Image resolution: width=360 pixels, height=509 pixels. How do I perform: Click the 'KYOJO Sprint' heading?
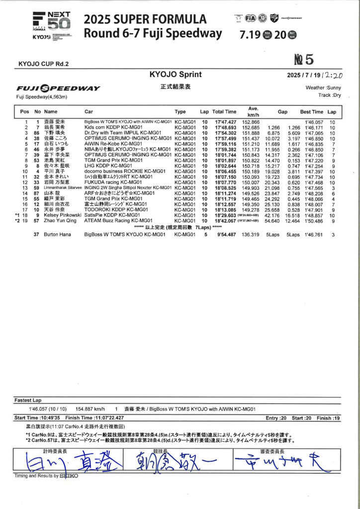176,75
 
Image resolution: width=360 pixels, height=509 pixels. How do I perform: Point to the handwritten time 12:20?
333,75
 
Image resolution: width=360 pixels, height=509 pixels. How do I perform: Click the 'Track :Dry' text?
331,94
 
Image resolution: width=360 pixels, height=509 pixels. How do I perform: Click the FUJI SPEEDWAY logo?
58,88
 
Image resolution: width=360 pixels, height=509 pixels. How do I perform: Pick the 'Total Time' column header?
224,112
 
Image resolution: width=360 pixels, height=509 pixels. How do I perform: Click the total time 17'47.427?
225,122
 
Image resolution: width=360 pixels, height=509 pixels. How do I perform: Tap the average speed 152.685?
251,127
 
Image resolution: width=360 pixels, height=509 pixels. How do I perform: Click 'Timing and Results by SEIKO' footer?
46,476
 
